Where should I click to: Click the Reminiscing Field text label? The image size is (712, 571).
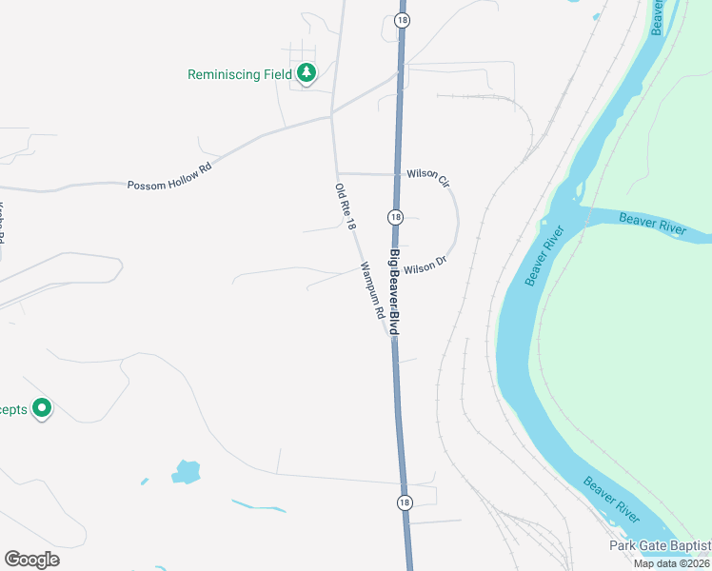tap(239, 74)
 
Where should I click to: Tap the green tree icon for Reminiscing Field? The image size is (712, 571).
tap(306, 72)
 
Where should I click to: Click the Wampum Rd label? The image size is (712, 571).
tap(371, 289)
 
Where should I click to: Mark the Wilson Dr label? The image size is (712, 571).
tap(425, 266)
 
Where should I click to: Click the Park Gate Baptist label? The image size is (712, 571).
tap(660, 545)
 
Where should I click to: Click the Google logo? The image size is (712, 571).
tap(31, 560)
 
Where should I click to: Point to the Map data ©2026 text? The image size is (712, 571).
tap(670, 563)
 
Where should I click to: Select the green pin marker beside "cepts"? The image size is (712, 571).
tap(42, 408)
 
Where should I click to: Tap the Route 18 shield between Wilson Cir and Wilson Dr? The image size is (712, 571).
tap(395, 217)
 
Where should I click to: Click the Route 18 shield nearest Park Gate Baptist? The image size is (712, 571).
tap(405, 502)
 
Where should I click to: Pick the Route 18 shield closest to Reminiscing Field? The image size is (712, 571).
tap(402, 19)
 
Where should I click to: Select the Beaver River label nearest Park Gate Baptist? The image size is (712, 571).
tap(611, 499)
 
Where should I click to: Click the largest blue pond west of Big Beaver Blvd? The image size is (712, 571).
tap(186, 471)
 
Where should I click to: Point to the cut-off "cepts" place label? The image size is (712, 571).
tap(13, 409)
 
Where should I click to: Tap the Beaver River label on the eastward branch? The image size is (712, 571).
tap(651, 225)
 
